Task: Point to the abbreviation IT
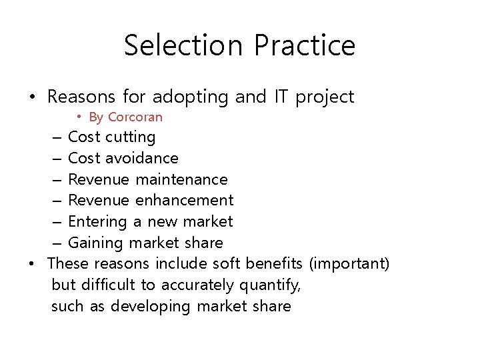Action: point(280,97)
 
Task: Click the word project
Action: point(325,97)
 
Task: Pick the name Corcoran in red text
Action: point(135,117)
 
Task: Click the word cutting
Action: point(131,137)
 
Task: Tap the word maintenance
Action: point(182,179)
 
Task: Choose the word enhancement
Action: point(185,200)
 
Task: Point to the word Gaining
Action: point(96,243)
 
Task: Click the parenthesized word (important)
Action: point(349,263)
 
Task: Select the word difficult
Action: point(109,285)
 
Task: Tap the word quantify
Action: point(269,285)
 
